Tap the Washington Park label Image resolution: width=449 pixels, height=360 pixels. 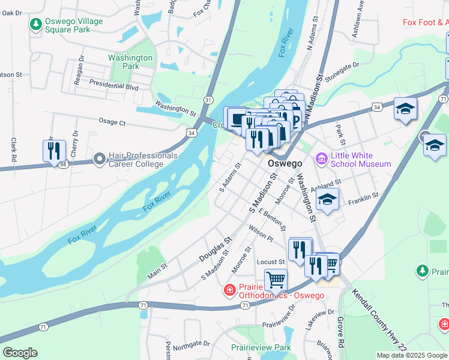click(x=130, y=62)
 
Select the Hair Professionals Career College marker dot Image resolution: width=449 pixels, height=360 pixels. click(x=100, y=160)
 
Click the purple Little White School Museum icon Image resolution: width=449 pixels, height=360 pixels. click(x=321, y=159)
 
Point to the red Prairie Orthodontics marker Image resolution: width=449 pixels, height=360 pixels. click(x=229, y=290)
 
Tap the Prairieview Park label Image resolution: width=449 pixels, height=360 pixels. click(x=261, y=347)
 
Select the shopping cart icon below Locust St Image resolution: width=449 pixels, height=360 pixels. click(x=276, y=279)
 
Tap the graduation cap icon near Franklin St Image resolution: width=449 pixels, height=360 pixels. click(x=327, y=200)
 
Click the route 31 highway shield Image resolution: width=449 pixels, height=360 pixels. click(x=208, y=100)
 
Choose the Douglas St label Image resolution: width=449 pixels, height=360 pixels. click(x=215, y=248)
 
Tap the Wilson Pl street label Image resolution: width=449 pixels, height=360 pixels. click(x=261, y=234)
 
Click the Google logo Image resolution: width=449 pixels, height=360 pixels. click(x=20, y=353)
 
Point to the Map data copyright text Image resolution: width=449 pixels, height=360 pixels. click(x=412, y=355)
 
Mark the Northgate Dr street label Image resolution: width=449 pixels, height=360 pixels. click(x=190, y=345)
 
